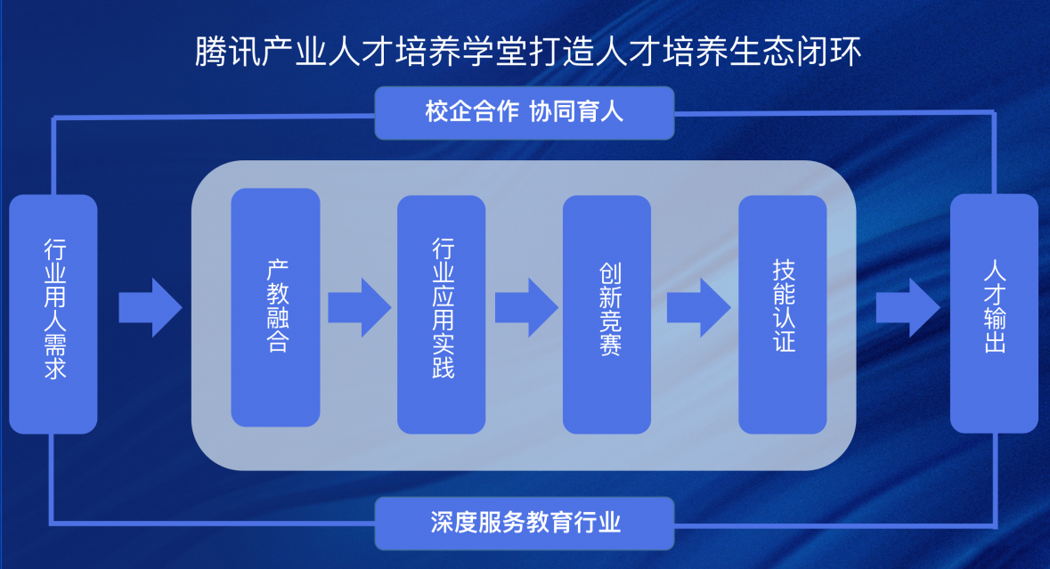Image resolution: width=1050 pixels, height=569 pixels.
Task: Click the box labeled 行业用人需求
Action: (53, 313)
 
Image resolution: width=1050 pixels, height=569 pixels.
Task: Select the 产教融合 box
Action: (275, 307)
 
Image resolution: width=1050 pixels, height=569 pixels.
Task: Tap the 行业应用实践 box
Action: (441, 313)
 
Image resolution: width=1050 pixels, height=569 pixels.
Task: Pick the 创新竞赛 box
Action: (606, 313)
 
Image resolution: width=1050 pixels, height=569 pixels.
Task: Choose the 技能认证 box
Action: (783, 313)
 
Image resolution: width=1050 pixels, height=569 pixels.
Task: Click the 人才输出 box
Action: (994, 313)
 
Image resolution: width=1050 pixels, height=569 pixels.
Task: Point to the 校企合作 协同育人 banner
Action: (524, 113)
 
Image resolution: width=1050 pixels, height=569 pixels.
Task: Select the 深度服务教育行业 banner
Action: (524, 523)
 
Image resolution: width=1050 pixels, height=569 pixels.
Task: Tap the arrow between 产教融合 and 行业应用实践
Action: (359, 307)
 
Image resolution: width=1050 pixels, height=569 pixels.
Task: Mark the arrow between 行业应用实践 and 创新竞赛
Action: (525, 307)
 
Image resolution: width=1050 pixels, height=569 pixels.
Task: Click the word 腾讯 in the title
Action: (216, 52)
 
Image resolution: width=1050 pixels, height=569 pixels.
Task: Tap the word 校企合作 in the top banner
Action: (469, 113)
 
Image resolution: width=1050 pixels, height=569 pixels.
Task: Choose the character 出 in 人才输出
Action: (995, 343)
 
